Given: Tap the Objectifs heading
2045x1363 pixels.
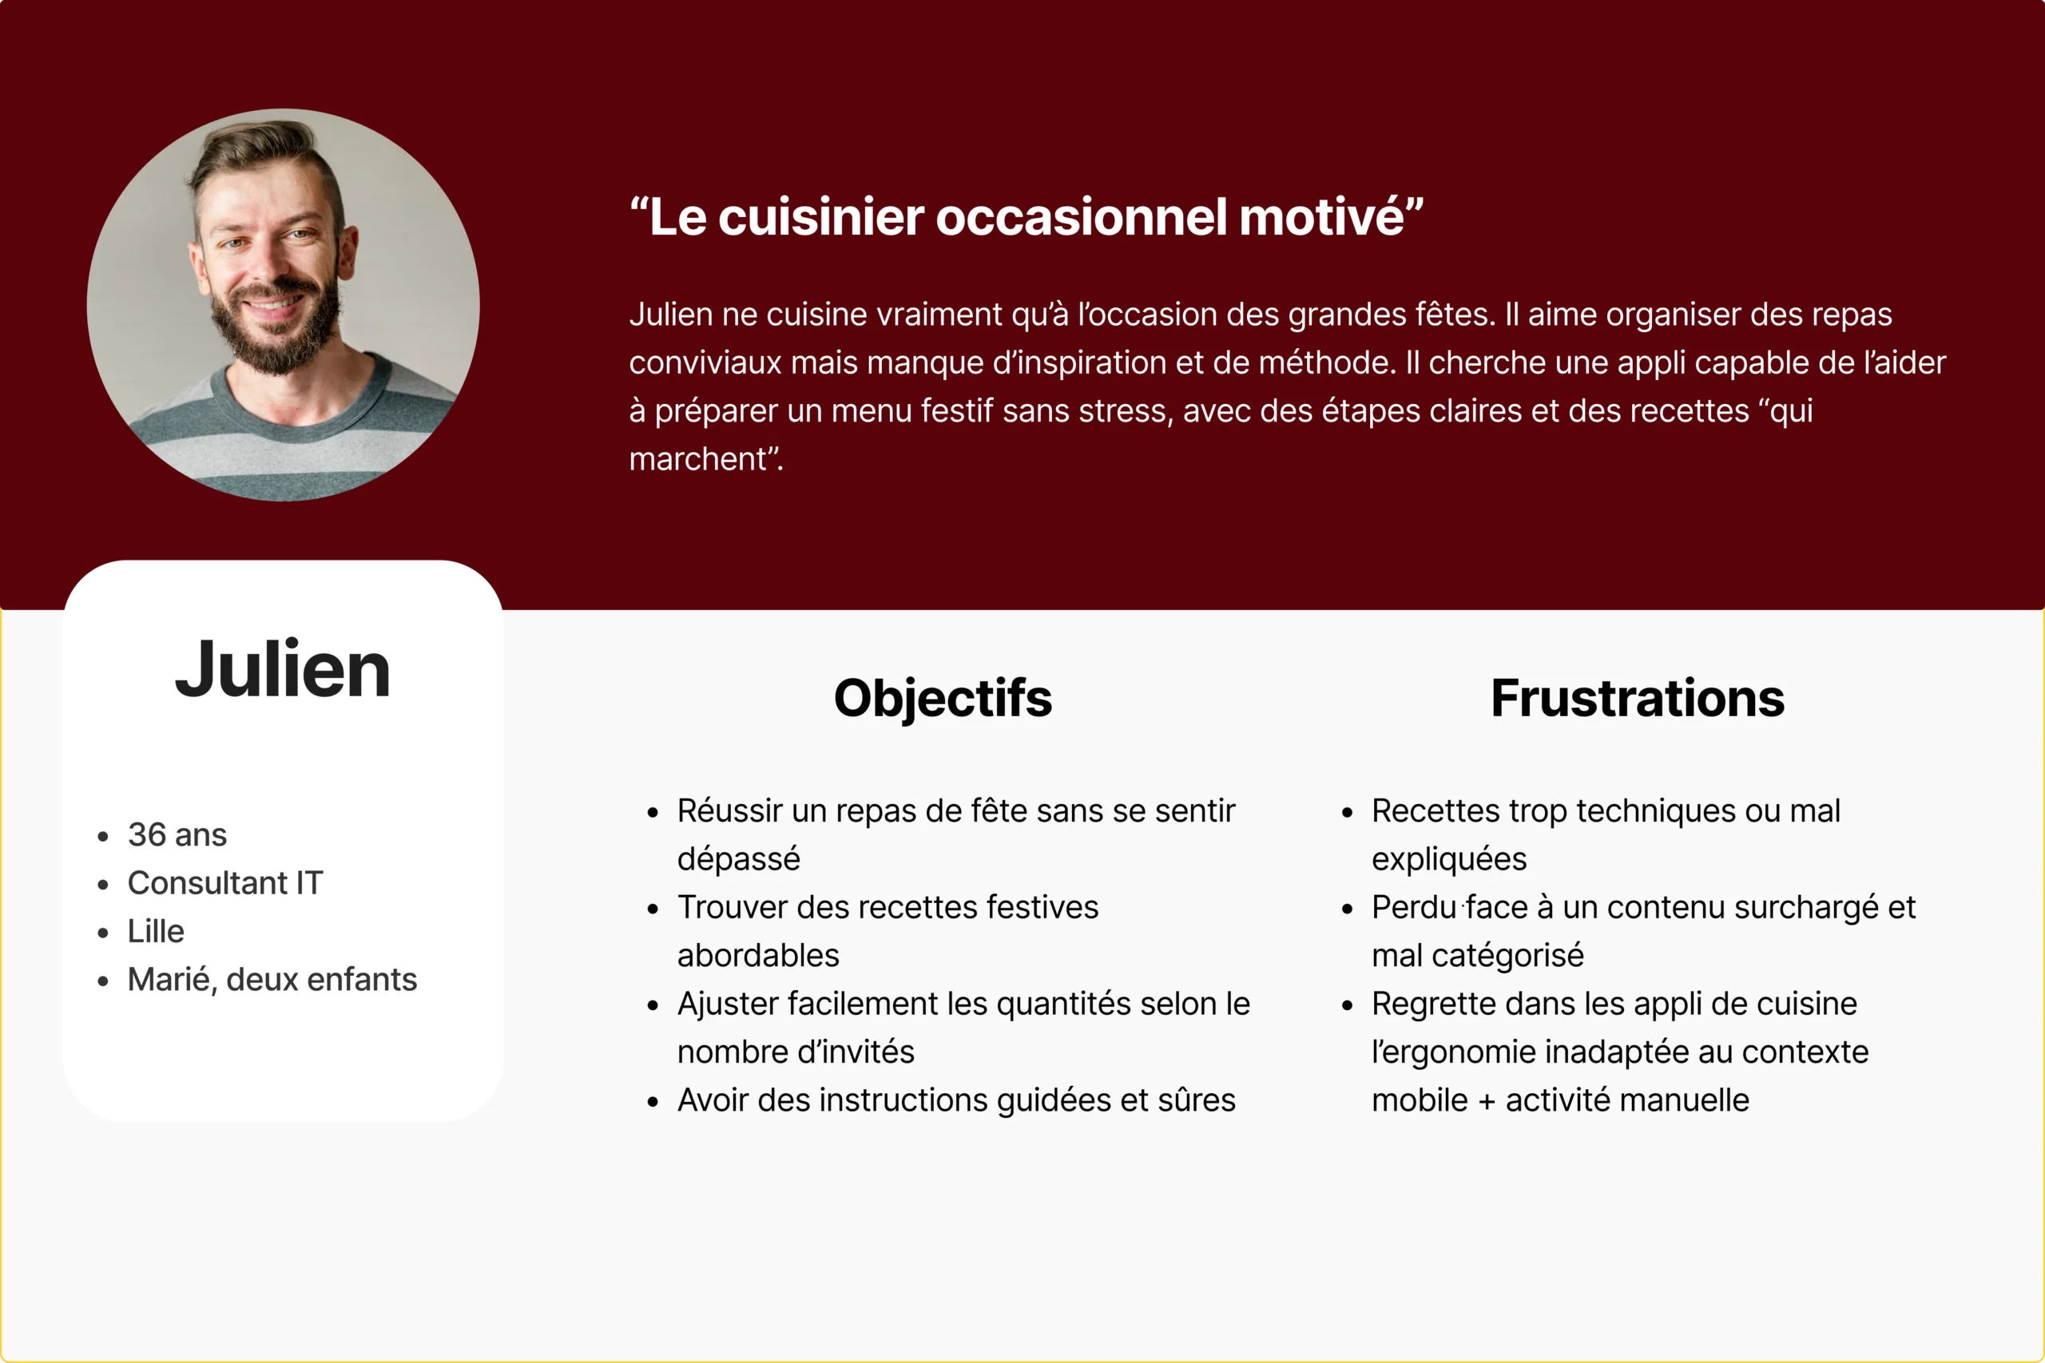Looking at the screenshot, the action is click(x=943, y=698).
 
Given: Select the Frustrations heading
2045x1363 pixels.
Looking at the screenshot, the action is click(x=1638, y=698).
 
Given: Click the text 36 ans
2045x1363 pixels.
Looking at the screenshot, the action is click(x=177, y=834).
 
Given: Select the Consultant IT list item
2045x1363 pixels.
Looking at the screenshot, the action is click(x=225, y=882).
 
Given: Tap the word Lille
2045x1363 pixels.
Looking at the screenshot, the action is click(x=156, y=931).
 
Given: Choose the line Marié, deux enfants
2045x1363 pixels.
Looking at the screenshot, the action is click(x=272, y=979).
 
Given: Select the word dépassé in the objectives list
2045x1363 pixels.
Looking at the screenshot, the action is click(x=738, y=859).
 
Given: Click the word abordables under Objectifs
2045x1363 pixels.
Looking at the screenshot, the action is click(x=758, y=955).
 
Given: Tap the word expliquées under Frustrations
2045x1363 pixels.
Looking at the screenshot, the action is click(x=1449, y=859).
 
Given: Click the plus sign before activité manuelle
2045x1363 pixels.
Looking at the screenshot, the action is click(x=1487, y=1101).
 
